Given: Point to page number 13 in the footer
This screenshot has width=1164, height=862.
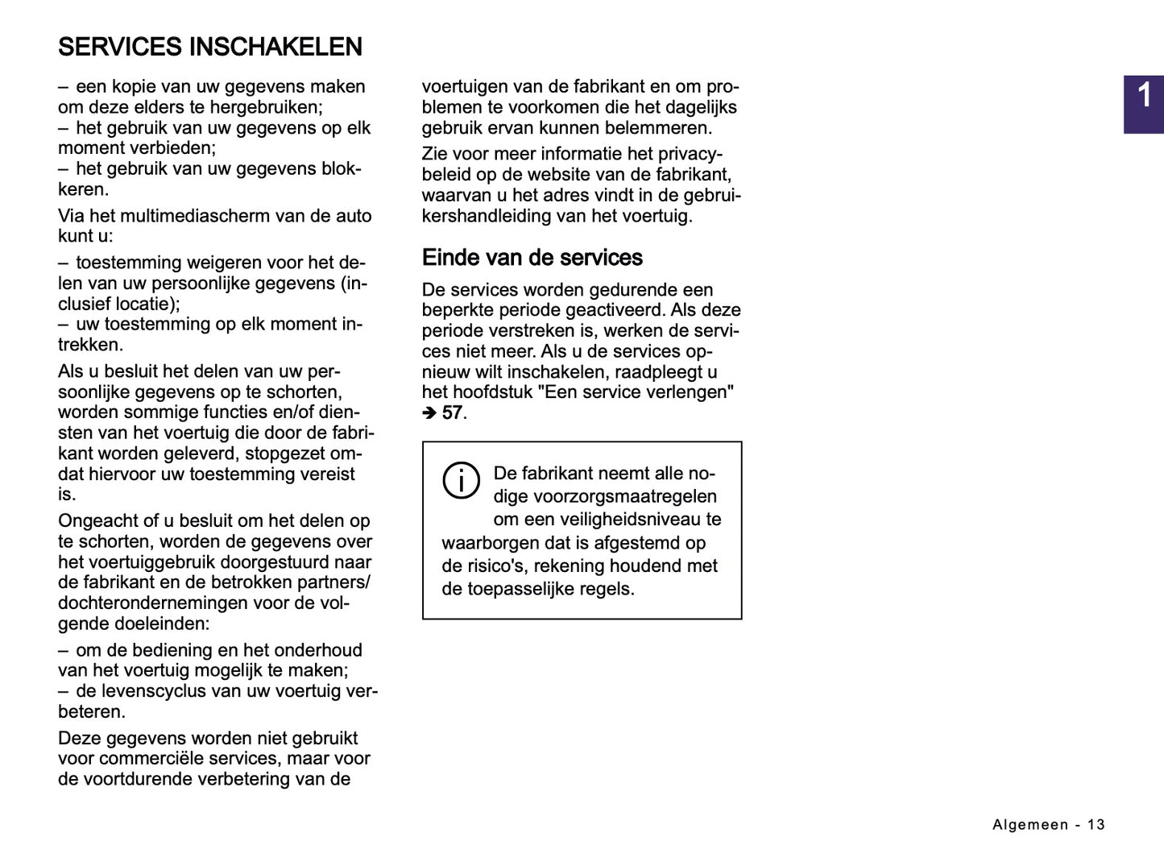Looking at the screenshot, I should tap(1096, 824).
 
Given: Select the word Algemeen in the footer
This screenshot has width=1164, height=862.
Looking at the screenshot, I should tap(1030, 824).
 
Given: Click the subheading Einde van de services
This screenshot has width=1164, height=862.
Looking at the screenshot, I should tap(532, 258).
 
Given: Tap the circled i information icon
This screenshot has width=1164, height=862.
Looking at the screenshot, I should tap(462, 481).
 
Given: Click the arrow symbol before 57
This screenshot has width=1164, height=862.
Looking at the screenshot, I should tap(429, 413).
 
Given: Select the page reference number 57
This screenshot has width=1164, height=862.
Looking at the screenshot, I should tap(452, 413).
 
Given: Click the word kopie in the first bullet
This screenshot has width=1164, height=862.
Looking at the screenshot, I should tap(134, 87).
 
